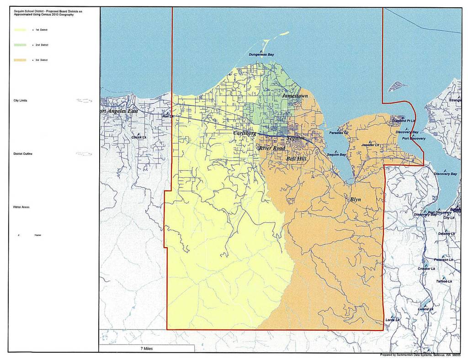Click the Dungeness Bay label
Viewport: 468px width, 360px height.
point(261,54)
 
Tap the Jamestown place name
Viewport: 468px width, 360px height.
point(295,96)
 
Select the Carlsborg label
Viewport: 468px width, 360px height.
point(245,133)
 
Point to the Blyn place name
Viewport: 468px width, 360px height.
point(356,199)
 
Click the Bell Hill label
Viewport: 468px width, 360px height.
point(296,159)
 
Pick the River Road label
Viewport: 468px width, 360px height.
point(272,148)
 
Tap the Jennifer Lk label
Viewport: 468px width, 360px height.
point(371,145)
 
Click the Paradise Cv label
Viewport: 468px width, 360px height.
point(339,133)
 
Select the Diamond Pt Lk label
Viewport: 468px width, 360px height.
point(404,121)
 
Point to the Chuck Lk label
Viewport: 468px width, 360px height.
point(139,137)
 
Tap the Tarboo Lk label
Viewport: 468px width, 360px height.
point(444,281)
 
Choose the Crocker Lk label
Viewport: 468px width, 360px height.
point(426,269)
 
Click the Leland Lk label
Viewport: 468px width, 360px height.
point(425,309)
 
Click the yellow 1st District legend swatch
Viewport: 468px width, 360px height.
point(20,30)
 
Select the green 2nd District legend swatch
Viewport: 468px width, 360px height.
point(20,45)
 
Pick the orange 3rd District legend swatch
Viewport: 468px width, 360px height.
point(20,60)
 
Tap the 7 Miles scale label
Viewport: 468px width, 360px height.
point(147,349)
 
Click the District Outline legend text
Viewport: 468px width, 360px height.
point(23,154)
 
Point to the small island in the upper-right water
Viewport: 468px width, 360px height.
point(395,85)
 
